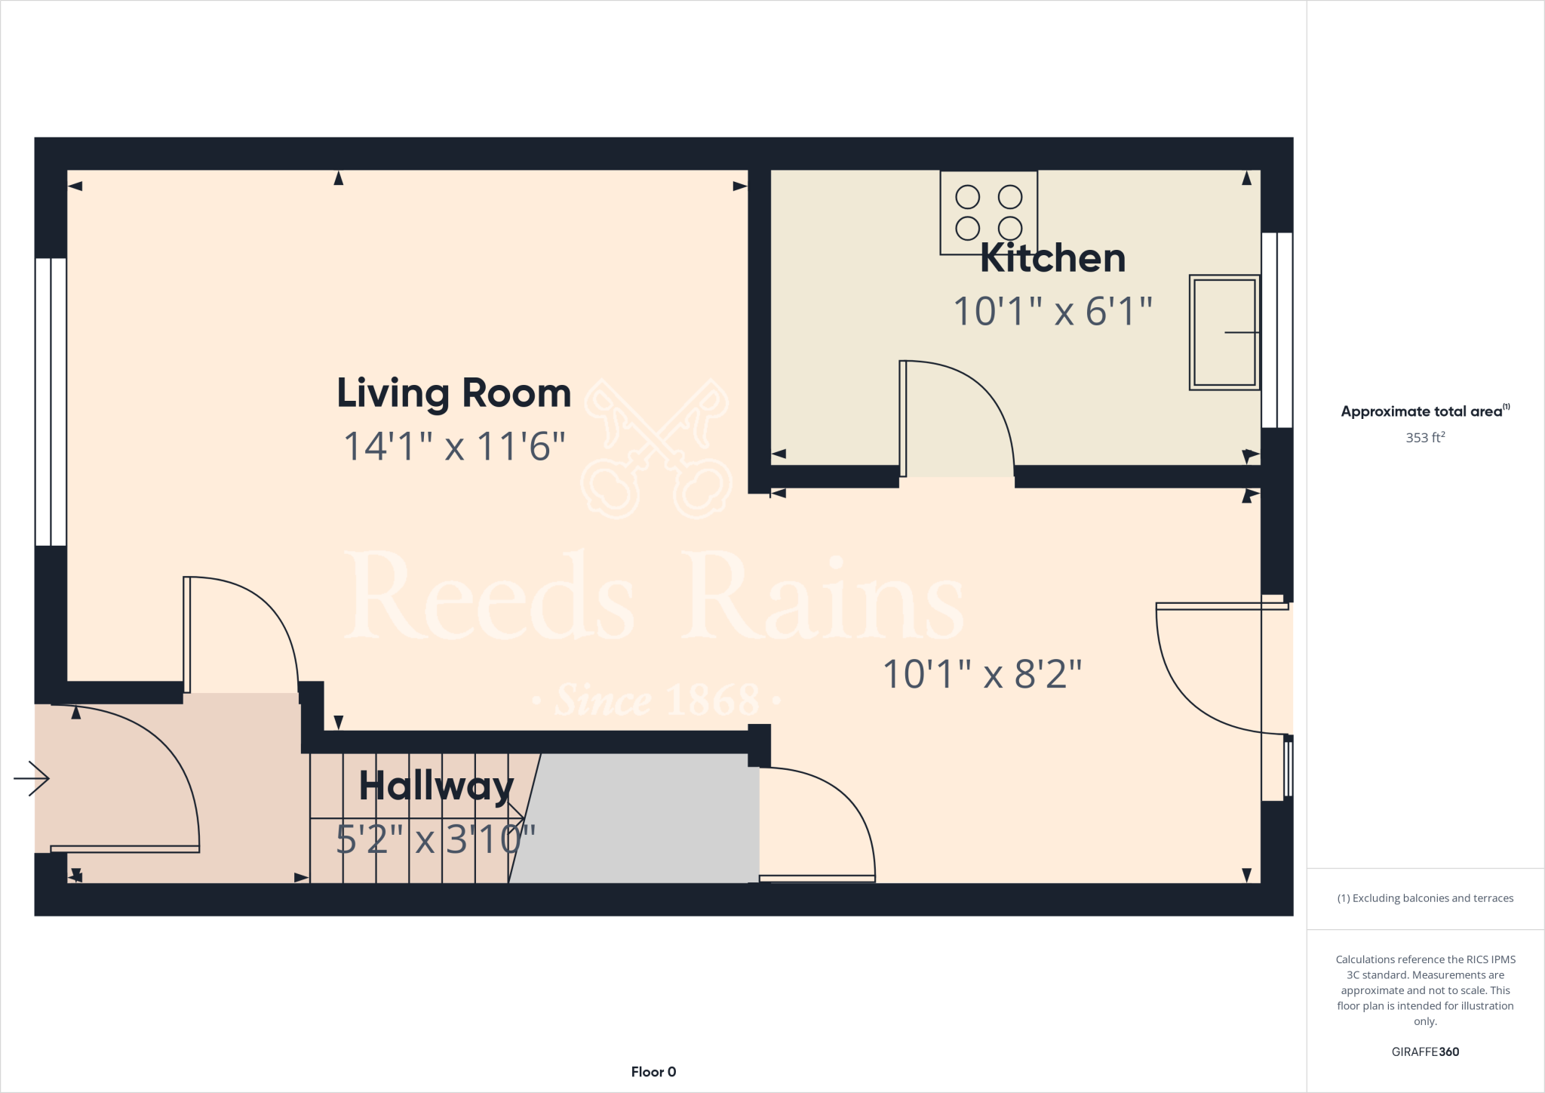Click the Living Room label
point(453,394)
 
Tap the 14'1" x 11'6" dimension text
point(453,446)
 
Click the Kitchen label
point(1052,259)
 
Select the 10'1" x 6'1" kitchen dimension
point(1052,311)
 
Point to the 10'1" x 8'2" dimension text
point(982,674)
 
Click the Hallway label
point(436,787)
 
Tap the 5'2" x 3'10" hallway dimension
point(435,839)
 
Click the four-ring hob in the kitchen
point(988,212)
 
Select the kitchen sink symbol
point(1224,332)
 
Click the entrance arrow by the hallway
point(32,778)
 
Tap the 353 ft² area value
point(1424,438)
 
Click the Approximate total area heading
point(1424,411)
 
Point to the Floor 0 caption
point(653,1072)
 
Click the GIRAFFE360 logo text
point(1424,1051)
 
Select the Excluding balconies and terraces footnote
point(1424,898)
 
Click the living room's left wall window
point(51,402)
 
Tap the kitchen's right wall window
point(1277,330)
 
